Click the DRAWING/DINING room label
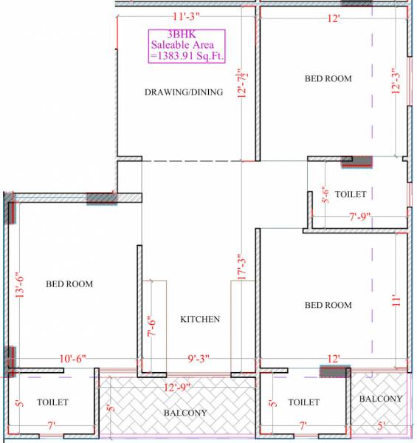pos(183,92)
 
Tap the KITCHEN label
pos(200,319)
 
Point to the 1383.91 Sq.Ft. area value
pos(187,55)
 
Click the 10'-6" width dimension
pos(72,359)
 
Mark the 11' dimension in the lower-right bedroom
pos(396,301)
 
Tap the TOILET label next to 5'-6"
pos(351,193)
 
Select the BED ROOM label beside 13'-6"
pos(69,283)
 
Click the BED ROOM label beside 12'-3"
pos(328,78)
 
